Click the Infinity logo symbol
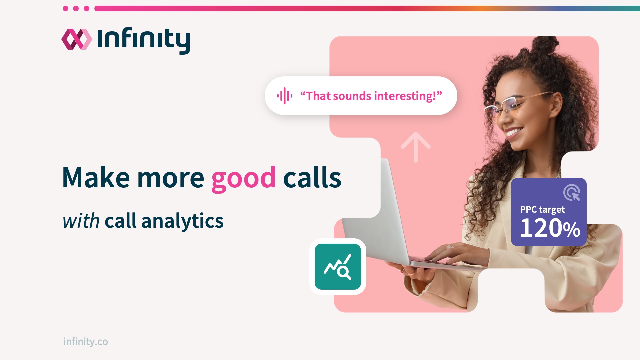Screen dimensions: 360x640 (77, 39)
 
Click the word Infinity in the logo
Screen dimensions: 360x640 (144, 40)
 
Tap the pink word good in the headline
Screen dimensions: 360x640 (243, 178)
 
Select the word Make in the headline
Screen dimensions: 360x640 (96, 178)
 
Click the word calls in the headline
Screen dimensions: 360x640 (312, 178)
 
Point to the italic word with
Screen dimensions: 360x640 (81, 221)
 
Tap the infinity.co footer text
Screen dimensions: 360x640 (86, 342)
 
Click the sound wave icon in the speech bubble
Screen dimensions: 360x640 (284, 96)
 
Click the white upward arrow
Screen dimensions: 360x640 (415, 147)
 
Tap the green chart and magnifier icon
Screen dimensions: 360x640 (338, 267)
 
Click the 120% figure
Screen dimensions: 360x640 (550, 228)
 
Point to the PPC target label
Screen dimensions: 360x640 (542, 210)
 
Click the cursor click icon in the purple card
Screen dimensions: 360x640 (572, 193)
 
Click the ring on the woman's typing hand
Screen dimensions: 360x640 (450, 247)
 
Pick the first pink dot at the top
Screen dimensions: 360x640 (66, 8)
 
